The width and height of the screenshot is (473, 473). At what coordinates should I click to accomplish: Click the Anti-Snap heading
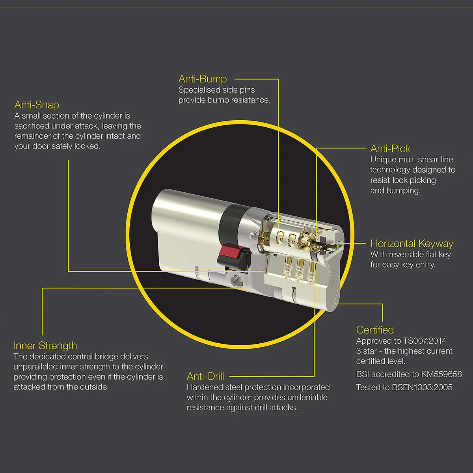coord(37,105)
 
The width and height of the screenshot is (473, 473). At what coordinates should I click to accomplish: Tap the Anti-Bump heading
coord(203,79)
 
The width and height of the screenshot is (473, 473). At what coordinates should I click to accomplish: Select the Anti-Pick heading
coord(390,149)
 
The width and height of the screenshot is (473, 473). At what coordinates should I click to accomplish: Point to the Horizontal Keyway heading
coord(412,244)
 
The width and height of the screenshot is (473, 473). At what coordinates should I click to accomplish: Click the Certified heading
coord(375,330)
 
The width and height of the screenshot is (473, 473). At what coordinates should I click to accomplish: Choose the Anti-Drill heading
coord(205,376)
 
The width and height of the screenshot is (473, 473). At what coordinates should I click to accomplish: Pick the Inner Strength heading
coord(45,346)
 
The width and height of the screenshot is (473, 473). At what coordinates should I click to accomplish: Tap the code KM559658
coord(441,374)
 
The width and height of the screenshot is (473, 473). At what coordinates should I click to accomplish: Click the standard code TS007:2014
coord(425,341)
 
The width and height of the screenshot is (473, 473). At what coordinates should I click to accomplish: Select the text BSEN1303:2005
coord(422,387)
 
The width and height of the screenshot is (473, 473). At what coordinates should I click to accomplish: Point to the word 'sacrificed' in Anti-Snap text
coord(32,126)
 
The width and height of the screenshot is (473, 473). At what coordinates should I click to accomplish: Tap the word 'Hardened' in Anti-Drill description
coord(203,387)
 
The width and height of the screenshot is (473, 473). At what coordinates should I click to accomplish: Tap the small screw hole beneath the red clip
coord(236,281)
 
